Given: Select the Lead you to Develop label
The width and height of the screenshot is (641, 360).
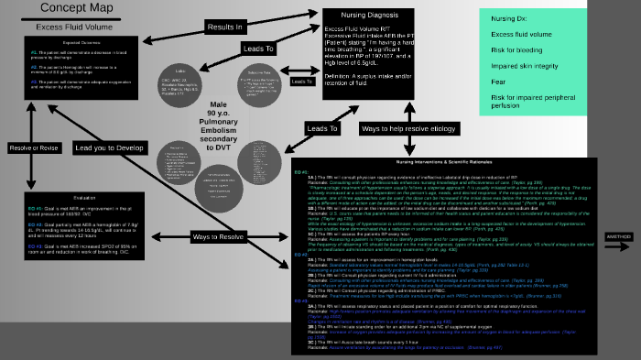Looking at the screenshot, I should (109, 147).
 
